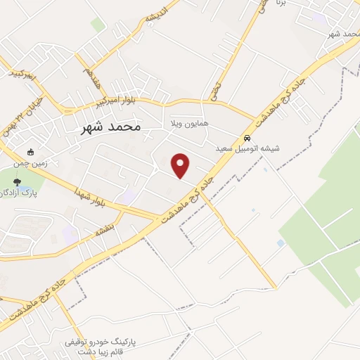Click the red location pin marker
(x=181, y=165)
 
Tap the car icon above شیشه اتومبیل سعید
(x=246, y=138)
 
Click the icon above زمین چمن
(x=30, y=151)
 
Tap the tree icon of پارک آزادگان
(x=27, y=181)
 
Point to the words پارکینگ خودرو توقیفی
(x=98, y=341)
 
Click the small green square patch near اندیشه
(x=98, y=25)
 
